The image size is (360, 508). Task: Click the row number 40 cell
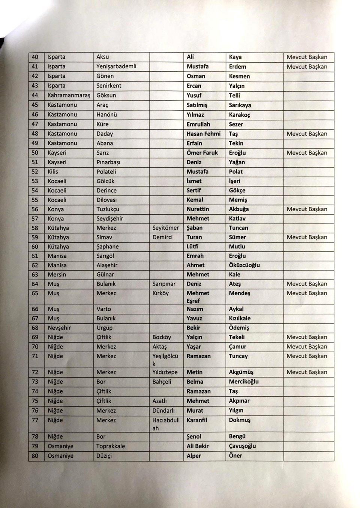pos(35,57)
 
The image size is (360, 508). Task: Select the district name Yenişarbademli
pos(116,66)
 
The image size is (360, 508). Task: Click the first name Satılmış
pos(197,105)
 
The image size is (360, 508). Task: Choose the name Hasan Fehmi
pos(204,134)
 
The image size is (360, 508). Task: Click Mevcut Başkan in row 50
pos(307,153)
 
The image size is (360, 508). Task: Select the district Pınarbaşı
pos(108,162)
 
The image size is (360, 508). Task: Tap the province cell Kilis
pos(53,171)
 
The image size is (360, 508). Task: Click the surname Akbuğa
pos(239,209)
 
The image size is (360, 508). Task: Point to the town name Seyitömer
pos(166,228)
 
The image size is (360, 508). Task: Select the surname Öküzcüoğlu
pos(244,265)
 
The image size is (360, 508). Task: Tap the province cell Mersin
pos(57,275)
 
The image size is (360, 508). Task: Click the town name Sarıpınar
pos(164,284)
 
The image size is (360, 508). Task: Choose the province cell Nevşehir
pos(59,328)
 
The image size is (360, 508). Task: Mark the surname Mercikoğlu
pos(244,382)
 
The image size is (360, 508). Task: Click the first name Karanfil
pos(196,420)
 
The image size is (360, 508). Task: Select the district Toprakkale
pos(111,446)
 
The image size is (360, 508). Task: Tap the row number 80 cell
pos(35,456)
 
